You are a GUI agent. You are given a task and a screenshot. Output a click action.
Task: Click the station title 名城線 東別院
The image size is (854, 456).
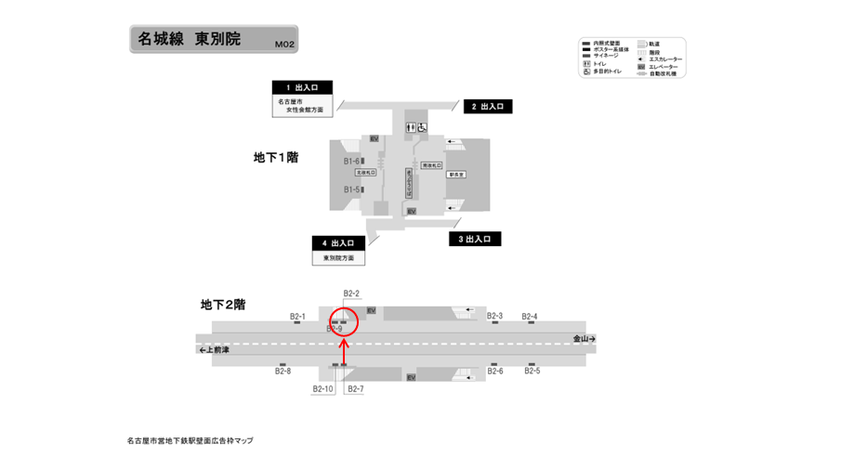(x=190, y=39)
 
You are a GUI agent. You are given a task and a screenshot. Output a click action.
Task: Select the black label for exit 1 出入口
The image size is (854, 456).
(x=302, y=86)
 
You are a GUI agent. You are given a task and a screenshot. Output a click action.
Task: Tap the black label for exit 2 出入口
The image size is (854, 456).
(x=488, y=107)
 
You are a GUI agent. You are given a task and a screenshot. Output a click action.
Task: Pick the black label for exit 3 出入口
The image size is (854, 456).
(x=475, y=239)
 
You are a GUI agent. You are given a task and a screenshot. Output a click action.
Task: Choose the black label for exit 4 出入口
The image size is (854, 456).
(x=338, y=242)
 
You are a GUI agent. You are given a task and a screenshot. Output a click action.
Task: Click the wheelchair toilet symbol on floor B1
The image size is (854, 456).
(x=423, y=127)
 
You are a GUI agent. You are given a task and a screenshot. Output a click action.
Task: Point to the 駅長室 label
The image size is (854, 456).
(x=456, y=174)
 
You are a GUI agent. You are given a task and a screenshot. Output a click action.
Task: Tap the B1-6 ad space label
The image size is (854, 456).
(x=351, y=161)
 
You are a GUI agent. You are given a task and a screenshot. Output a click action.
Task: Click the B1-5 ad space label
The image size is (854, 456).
(x=351, y=189)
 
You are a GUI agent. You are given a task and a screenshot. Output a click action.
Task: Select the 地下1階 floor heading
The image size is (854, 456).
(x=276, y=157)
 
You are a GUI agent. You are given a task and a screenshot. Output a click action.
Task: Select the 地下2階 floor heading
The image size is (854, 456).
(x=223, y=304)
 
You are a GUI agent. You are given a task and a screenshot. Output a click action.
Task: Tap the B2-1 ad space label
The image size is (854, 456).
(x=297, y=316)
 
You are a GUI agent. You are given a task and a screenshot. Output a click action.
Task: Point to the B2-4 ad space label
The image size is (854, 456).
(x=529, y=316)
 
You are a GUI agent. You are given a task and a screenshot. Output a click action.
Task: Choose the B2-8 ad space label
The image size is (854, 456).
(x=282, y=371)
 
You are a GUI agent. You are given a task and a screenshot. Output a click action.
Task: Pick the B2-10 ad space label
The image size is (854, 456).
(x=322, y=388)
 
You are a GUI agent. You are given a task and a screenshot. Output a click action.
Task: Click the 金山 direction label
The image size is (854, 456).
(x=583, y=339)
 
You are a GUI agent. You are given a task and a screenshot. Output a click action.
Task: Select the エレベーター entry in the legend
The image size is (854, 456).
(x=664, y=67)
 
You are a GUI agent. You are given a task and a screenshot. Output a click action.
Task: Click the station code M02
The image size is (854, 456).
(x=284, y=44)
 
